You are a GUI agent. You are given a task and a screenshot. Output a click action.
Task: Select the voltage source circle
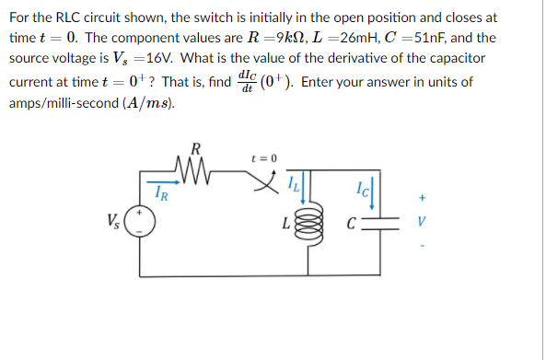coord(140,222)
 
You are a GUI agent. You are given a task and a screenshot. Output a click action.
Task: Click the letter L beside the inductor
coord(287,223)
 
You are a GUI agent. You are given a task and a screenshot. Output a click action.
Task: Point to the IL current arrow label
coord(292,184)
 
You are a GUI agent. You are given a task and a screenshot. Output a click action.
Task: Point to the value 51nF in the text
coord(432,38)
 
